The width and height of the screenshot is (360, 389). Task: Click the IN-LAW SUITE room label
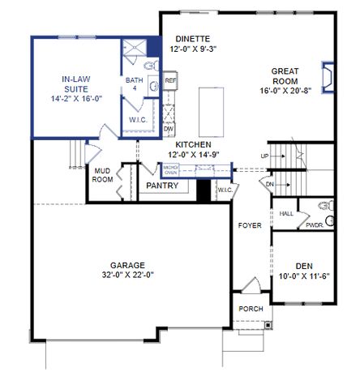pos(75,83)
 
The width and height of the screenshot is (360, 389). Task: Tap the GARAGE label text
pos(127,265)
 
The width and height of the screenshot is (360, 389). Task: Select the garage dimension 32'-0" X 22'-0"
pos(127,275)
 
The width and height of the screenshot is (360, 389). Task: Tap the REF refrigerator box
pos(170,81)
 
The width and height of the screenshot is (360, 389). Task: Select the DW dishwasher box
pos(169,129)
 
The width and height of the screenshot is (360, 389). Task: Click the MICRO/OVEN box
pos(171,170)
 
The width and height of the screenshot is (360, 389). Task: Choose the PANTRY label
pos(162,186)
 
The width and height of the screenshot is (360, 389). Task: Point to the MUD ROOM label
pos(102,176)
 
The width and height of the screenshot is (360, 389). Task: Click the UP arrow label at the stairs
pos(264,156)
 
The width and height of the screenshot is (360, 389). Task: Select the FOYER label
pos(250,224)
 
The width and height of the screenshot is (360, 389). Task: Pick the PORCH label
pos(250,310)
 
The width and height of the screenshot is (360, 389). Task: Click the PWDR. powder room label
pos(314,225)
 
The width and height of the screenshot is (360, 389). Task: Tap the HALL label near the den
pos(286,213)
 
